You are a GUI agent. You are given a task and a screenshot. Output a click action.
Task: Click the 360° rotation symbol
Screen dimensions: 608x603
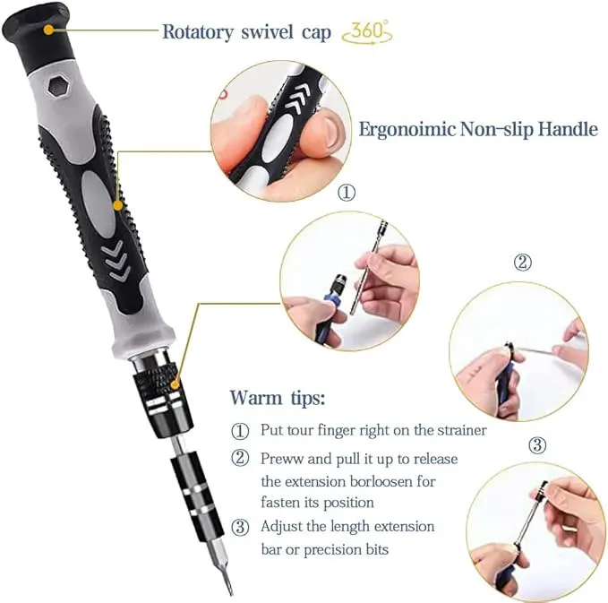click(x=367, y=32)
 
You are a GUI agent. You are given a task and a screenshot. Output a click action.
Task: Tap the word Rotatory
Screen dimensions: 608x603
click(x=198, y=32)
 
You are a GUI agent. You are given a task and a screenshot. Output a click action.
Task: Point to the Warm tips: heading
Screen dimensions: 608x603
click(x=278, y=398)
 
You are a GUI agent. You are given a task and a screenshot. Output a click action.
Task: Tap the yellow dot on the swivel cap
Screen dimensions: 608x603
click(x=48, y=30)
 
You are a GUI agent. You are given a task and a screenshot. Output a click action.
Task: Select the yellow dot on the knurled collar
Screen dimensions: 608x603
click(x=176, y=384)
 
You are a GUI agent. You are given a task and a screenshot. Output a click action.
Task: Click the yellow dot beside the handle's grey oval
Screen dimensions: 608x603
click(x=118, y=205)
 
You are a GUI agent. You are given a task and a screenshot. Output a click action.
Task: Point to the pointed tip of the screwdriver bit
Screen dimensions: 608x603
click(x=232, y=593)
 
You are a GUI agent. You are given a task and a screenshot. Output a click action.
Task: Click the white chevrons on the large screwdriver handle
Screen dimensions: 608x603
click(x=116, y=260)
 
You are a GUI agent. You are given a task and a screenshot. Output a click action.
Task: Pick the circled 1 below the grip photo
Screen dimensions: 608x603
click(x=347, y=192)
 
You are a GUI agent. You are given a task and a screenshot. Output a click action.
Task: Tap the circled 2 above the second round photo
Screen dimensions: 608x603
click(x=522, y=263)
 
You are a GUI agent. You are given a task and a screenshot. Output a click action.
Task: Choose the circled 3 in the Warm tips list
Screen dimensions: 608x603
click(x=240, y=528)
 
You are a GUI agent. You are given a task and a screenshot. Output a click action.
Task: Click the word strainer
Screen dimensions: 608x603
click(x=462, y=430)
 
